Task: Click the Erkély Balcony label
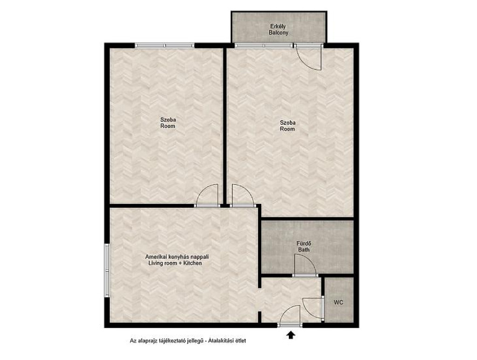pos(279,29)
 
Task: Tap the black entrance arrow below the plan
pos(291,335)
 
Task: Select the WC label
pos(339,302)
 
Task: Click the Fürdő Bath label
pos(304,246)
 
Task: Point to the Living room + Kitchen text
pos(175,263)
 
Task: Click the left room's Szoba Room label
pos(168,123)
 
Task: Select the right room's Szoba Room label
pos(288,126)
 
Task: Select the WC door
pos(313,308)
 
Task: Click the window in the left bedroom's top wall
pos(164,46)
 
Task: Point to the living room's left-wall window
pos(107,270)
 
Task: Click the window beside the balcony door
pos(264,46)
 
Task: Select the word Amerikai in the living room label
pos(155,257)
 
